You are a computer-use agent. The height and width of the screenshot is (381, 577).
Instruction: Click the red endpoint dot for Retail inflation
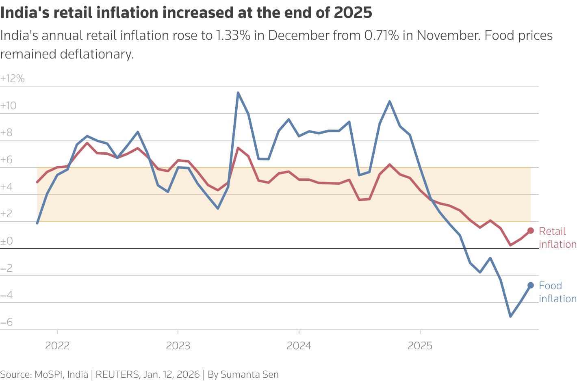(x=530, y=231)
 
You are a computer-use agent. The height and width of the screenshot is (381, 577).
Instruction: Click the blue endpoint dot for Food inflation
(x=530, y=285)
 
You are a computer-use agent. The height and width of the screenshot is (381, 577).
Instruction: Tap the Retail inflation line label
(x=557, y=238)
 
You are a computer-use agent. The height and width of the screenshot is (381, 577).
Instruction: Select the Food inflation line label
(x=557, y=292)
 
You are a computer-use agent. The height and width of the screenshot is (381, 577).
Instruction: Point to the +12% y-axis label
(x=13, y=78)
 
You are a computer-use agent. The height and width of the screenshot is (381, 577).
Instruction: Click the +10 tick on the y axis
(x=9, y=106)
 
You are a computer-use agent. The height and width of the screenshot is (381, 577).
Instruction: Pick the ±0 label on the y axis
(x=7, y=241)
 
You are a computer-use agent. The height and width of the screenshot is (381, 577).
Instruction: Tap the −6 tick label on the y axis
(x=7, y=323)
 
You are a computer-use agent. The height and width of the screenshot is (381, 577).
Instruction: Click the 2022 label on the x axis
(x=57, y=346)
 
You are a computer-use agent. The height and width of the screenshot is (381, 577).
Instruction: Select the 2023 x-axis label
(x=178, y=346)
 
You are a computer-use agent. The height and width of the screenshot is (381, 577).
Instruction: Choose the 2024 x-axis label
(x=299, y=346)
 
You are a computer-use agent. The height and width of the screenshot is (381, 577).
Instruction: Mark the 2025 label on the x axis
(x=420, y=346)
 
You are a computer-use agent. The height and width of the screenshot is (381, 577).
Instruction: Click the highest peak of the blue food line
(x=238, y=93)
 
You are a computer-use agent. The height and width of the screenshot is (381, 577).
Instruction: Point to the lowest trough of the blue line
(x=510, y=316)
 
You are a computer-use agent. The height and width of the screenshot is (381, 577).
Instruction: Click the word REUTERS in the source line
(x=117, y=375)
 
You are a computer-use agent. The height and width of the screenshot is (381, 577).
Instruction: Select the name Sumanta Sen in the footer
(x=249, y=375)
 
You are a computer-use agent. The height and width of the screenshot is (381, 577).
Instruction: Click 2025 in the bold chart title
(x=353, y=13)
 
